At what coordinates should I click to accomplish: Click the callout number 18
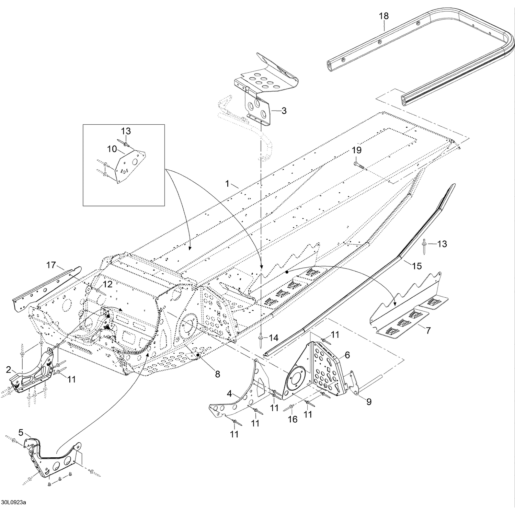[384, 16]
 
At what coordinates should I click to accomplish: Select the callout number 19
[356, 150]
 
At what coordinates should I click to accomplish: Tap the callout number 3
[284, 111]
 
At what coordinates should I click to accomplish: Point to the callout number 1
[227, 184]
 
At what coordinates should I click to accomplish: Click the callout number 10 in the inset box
[112, 149]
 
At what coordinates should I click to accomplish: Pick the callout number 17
[51, 265]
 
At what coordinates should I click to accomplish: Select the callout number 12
[107, 284]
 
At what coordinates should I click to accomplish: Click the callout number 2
[9, 370]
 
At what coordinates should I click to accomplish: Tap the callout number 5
[21, 433]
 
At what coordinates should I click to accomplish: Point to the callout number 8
[217, 374]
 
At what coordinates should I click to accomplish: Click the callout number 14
[273, 338]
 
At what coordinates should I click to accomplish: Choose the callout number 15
[417, 266]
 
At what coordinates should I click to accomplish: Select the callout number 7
[428, 331]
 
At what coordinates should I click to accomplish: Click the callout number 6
[347, 355]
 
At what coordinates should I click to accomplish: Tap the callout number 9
[369, 402]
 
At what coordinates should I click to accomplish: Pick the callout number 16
[293, 419]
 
